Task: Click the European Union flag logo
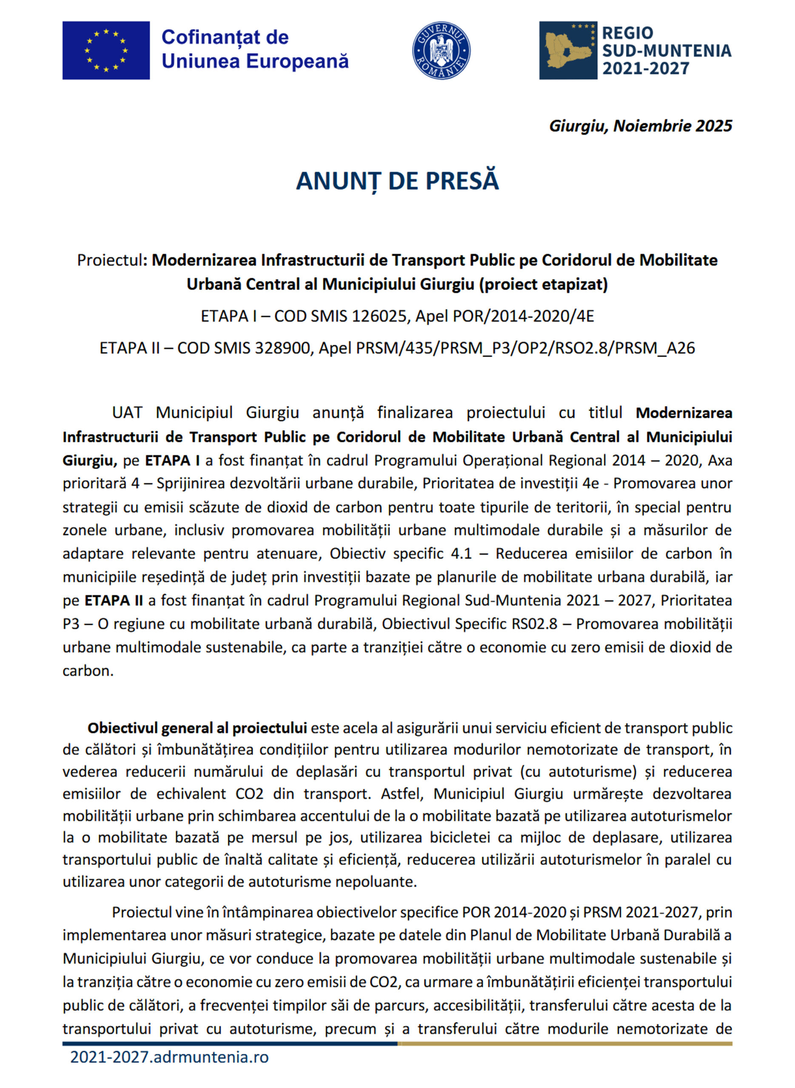point(106,50)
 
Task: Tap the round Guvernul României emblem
point(441,50)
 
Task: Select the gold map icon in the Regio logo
point(568,50)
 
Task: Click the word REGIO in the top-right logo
point(627,33)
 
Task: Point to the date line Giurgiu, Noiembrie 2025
point(640,126)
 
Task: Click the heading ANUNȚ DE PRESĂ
point(397,181)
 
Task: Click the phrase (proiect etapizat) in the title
point(543,285)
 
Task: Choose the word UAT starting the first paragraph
point(128,413)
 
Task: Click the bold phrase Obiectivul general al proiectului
point(197,728)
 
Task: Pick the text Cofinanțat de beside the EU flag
point(225,37)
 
